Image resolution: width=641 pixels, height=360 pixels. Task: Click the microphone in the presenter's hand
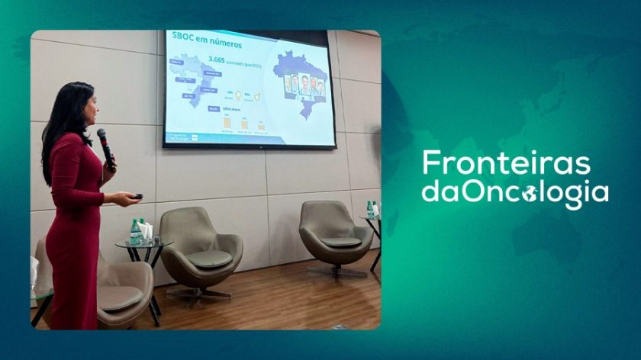105,146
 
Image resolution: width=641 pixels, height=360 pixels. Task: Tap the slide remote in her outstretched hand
137,197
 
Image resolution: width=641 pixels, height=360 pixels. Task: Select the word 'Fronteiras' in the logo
507,163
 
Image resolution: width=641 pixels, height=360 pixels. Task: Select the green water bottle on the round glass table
134,231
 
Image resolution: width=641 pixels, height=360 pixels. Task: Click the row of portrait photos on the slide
304,85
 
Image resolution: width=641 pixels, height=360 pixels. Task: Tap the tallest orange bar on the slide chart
226,122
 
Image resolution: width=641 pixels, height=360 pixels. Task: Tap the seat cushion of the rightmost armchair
340,243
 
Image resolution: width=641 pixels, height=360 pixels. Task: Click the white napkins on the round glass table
146,230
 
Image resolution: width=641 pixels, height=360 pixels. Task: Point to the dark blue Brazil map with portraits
301,80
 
